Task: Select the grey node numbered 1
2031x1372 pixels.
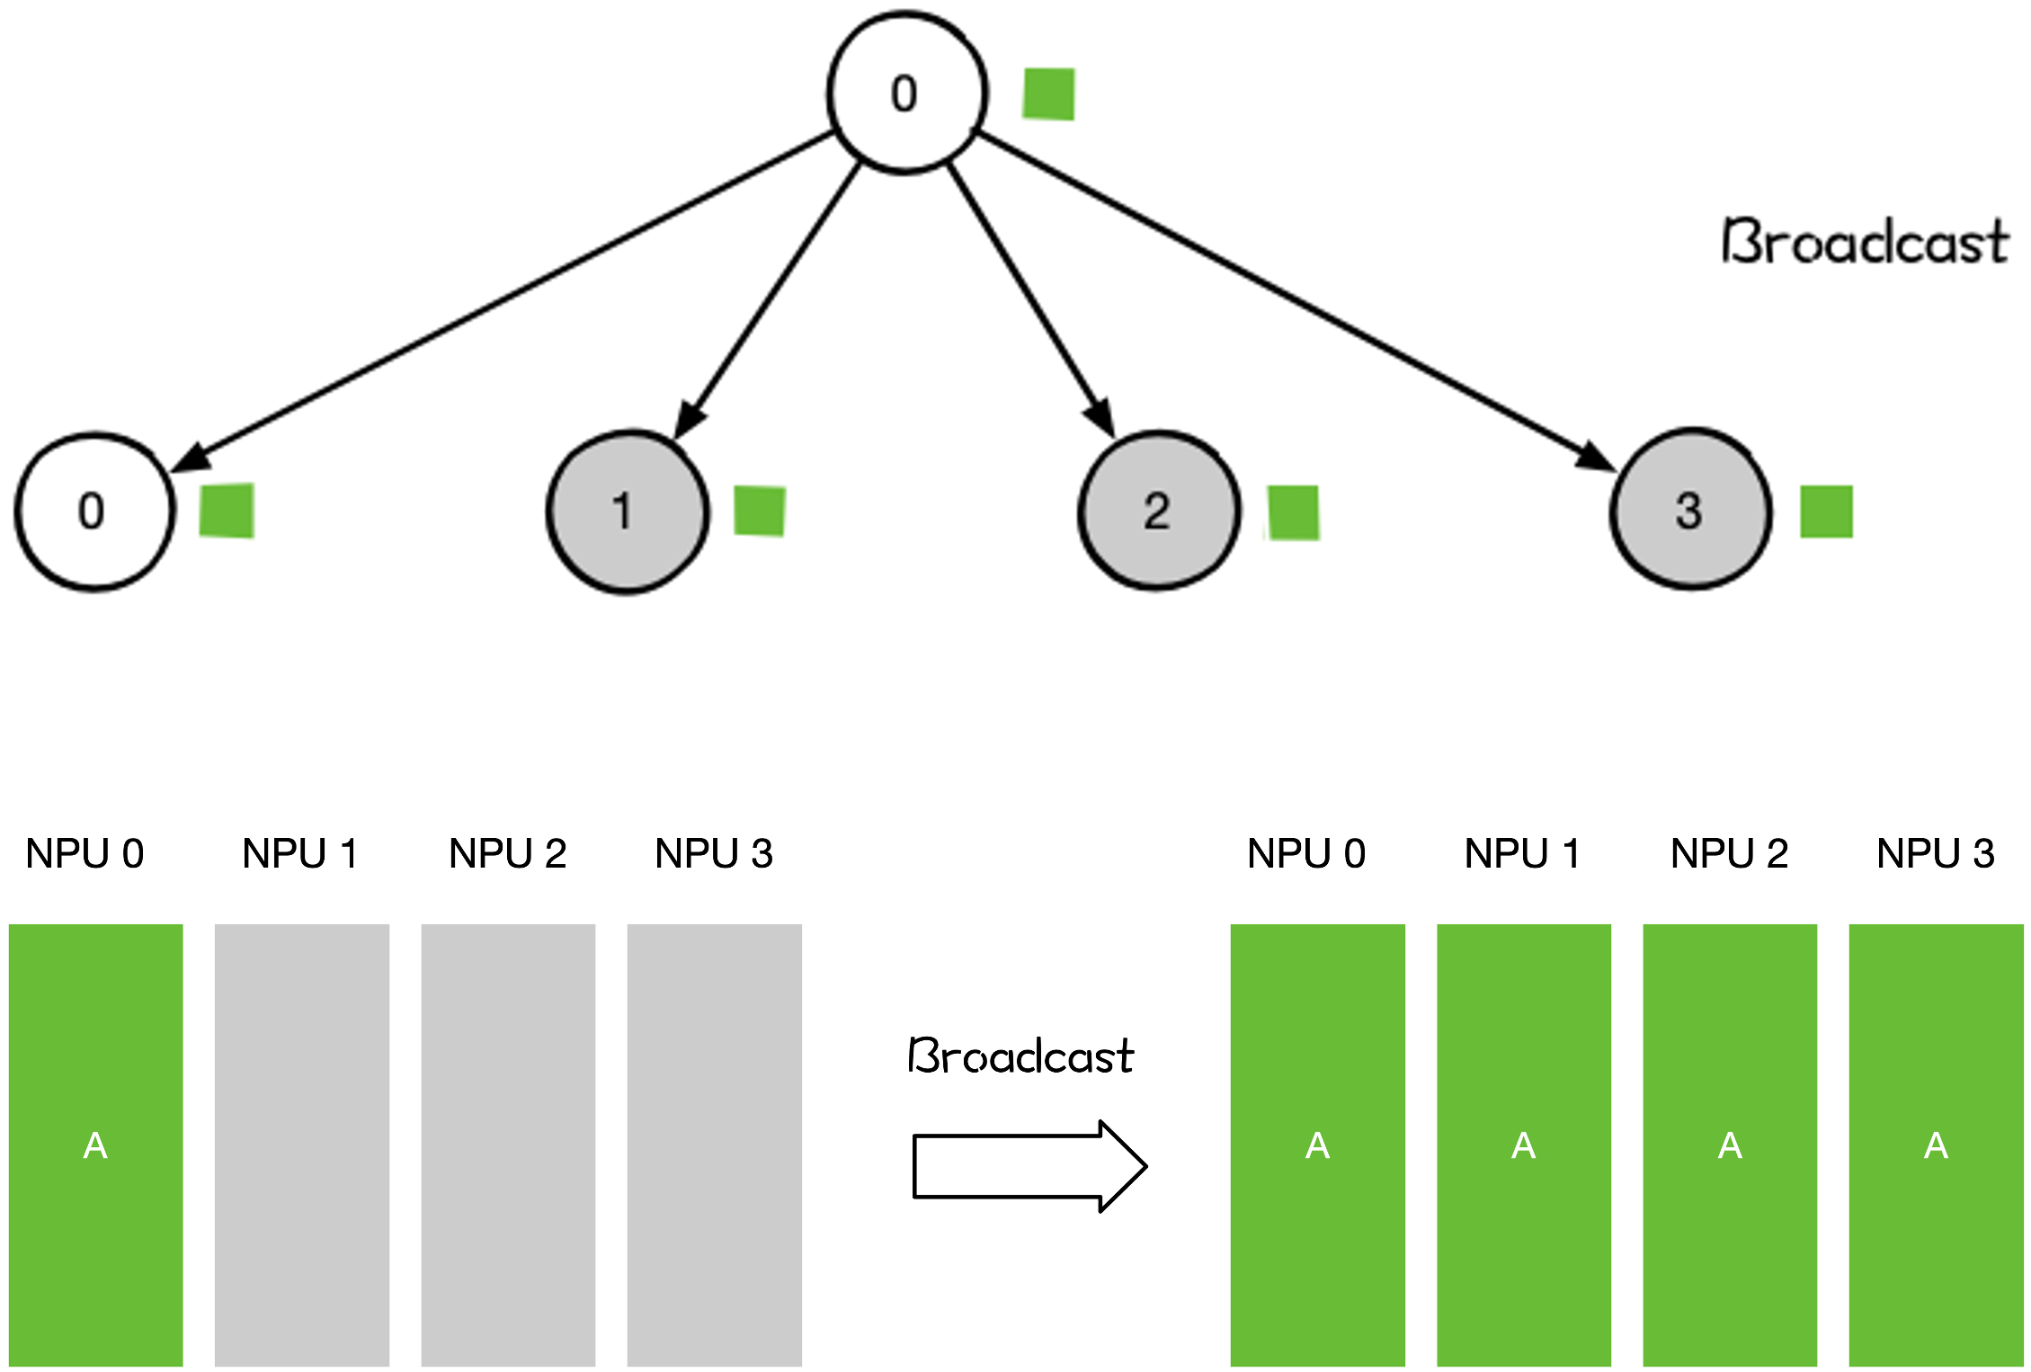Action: [628, 512]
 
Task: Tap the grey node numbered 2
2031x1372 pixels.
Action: [1159, 512]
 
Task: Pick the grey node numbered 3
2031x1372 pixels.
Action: [1690, 510]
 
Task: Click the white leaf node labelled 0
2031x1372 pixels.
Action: [94, 512]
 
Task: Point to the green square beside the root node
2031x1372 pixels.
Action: [1048, 94]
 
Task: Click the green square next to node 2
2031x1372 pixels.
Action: [1293, 512]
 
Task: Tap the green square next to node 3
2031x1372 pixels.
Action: [1826, 512]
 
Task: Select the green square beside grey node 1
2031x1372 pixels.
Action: [760, 511]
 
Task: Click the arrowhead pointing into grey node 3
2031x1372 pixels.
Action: [1596, 457]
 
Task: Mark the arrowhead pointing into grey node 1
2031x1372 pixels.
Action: [690, 419]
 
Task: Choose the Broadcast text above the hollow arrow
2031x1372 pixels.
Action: [1020, 1056]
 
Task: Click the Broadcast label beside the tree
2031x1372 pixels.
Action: [1865, 242]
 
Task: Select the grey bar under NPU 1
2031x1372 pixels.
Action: [302, 1145]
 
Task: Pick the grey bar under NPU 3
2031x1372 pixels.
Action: [714, 1145]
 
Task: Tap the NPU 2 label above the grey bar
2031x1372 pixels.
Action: [507, 853]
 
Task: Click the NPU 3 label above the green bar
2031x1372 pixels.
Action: [1935, 853]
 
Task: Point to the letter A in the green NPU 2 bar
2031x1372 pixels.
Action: [1730, 1145]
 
